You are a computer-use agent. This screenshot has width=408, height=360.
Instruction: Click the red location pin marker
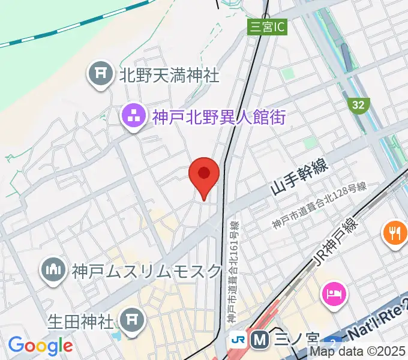[x=204, y=176]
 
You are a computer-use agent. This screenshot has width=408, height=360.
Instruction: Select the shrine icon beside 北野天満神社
[x=100, y=74]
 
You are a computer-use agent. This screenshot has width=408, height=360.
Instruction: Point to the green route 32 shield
[x=358, y=105]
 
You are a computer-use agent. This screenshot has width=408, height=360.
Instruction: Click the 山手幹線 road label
[x=299, y=178]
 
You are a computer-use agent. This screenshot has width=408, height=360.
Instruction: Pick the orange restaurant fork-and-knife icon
[x=395, y=232]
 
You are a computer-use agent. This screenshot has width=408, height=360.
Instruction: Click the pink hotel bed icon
[x=334, y=293]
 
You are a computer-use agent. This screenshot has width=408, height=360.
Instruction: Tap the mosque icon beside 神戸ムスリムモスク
[x=53, y=271]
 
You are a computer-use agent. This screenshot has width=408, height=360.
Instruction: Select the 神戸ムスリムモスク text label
[x=147, y=271]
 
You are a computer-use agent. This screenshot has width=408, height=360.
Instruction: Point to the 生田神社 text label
[x=81, y=320]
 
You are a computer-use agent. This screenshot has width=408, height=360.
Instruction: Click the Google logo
[x=40, y=346]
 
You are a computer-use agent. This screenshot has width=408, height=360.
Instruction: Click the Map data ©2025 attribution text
[x=362, y=352]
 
